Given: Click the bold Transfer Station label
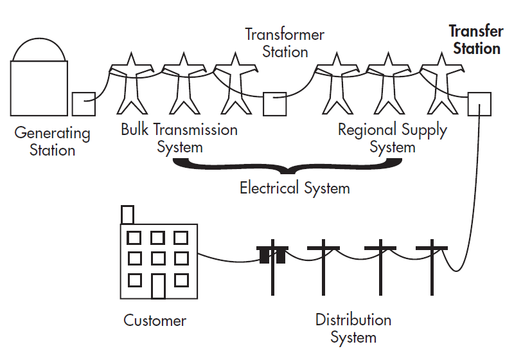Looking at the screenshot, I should (x=475, y=40).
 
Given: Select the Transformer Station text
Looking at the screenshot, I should (x=285, y=42).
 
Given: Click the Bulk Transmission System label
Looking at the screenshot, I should (x=179, y=138).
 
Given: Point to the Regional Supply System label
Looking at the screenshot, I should (x=393, y=138).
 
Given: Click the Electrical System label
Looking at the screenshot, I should (x=295, y=188).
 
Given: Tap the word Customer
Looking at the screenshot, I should (x=155, y=320).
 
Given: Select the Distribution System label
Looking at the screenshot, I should (x=353, y=328).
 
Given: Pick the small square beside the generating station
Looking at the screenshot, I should (x=84, y=104).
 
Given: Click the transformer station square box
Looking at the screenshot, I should (x=275, y=104).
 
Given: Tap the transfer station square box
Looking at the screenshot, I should (x=479, y=104).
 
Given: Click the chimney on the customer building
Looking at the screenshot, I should (x=127, y=215).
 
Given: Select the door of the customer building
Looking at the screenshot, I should (x=158, y=285).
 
